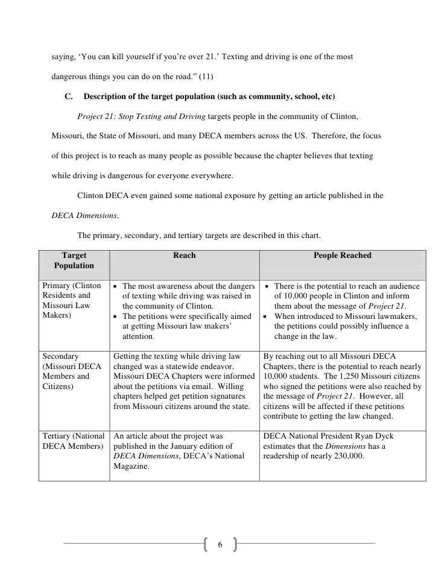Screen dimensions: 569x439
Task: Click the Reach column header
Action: [184, 256]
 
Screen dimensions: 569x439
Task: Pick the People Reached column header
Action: [343, 256]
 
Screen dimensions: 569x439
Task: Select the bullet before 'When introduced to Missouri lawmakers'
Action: [266, 316]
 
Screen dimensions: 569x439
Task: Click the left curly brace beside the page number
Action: [208, 545]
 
